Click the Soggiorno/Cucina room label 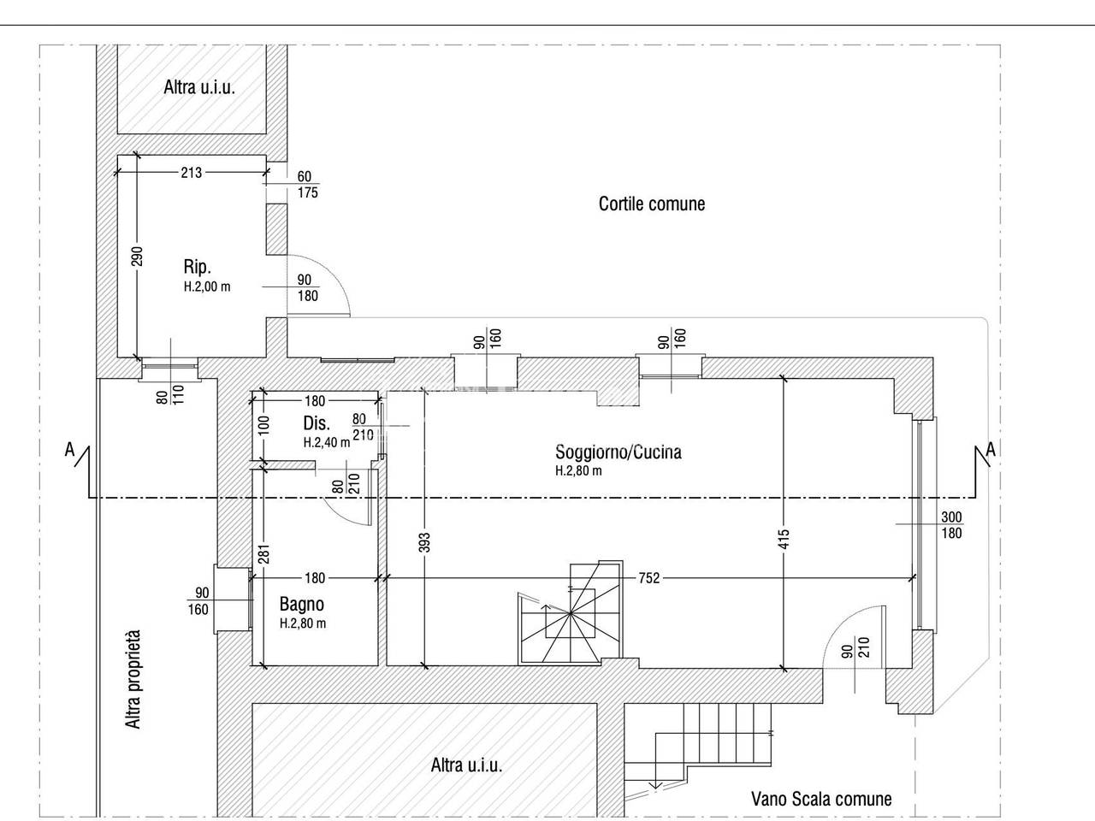(619, 452)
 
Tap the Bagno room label (301, 604)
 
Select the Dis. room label (317, 423)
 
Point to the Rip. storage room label (197, 267)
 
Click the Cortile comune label (652, 204)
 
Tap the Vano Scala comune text (821, 799)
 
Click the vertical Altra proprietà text (133, 679)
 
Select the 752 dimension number (649, 578)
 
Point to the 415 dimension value (784, 540)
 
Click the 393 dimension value (424, 543)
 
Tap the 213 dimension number (192, 173)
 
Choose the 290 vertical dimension (138, 257)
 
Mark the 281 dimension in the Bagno (264, 553)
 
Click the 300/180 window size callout (951, 525)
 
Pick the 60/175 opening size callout (307, 185)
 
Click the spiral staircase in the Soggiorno (571, 612)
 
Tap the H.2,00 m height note (207, 287)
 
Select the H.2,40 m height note (327, 443)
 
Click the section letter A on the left (69, 450)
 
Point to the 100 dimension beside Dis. (264, 425)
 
